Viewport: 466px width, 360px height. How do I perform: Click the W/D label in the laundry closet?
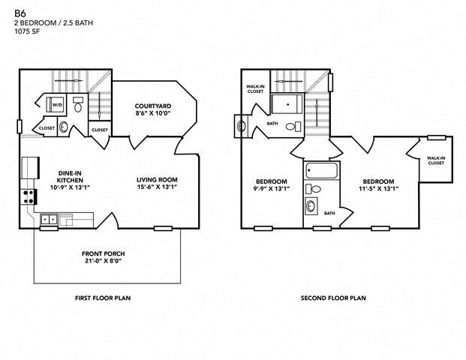tap(56, 104)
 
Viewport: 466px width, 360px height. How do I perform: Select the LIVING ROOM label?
tap(157, 179)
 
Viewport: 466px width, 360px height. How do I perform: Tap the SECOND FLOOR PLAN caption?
tap(333, 298)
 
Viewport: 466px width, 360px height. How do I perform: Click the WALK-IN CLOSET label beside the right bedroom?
tap(436, 160)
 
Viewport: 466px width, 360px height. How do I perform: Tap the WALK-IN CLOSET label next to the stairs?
tap(256, 89)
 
